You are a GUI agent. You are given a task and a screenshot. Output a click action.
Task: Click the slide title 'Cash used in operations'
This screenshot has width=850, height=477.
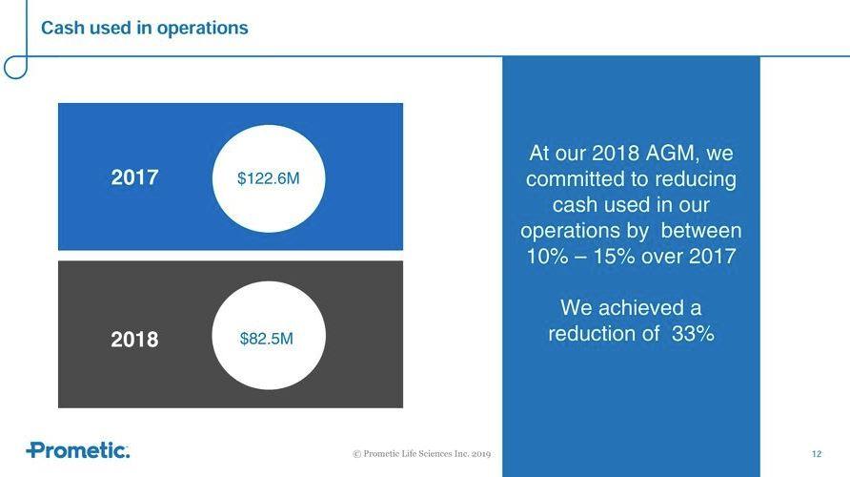point(144,29)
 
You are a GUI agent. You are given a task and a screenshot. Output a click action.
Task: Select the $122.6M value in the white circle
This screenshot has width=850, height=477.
point(269,178)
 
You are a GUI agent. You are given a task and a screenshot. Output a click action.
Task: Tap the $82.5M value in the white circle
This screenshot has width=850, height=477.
point(266,339)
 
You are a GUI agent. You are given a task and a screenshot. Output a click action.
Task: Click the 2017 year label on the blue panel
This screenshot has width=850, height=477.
point(134,177)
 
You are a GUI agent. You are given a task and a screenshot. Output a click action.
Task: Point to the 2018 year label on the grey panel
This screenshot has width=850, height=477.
point(134,340)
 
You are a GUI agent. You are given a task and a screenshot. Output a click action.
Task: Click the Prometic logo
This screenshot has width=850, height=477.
point(78,450)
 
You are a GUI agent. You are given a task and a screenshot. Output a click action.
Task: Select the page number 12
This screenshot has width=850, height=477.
point(817,454)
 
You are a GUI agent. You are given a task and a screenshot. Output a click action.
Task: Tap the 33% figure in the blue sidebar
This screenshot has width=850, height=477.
point(693,333)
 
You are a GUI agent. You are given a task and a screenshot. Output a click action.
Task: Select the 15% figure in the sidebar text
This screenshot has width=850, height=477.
point(614,256)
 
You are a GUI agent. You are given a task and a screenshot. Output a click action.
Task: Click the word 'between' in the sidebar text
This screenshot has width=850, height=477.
point(701,231)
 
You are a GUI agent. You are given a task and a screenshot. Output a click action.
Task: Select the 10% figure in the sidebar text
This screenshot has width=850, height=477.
point(548,256)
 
